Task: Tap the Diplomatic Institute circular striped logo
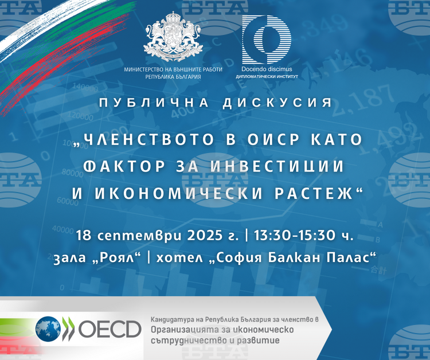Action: point(266,40)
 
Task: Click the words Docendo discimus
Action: point(267,69)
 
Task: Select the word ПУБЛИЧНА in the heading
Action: point(154,102)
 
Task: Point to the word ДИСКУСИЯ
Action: point(277,102)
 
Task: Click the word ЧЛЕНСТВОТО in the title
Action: point(144,139)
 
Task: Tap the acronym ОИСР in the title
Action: point(273,139)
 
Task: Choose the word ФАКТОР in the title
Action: point(124,166)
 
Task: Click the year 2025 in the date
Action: point(205,236)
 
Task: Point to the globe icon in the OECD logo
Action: point(48,329)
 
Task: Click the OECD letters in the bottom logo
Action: point(110,329)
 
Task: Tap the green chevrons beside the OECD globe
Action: point(68,329)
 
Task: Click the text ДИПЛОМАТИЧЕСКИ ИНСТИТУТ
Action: point(267,77)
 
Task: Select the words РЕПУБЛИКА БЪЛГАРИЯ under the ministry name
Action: point(173,77)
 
